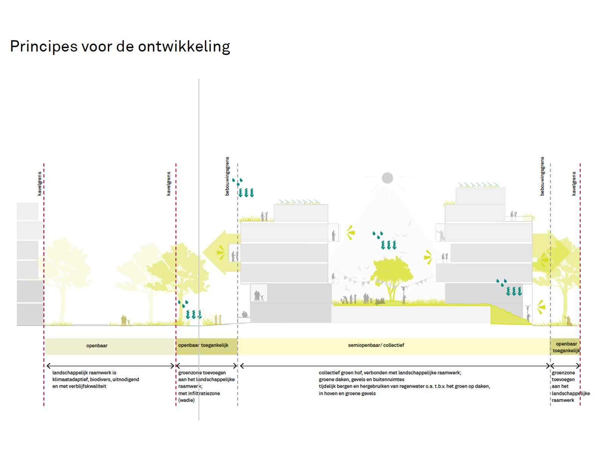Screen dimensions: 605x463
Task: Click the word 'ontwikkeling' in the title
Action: [x=184, y=46]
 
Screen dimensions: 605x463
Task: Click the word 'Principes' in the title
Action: [x=44, y=46]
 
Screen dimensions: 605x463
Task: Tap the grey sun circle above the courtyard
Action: [x=387, y=178]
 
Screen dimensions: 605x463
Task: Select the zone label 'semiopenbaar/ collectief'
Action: [x=376, y=345]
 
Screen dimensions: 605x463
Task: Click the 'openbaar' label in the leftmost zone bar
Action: [x=96, y=345]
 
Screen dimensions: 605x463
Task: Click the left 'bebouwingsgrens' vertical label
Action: [x=227, y=176]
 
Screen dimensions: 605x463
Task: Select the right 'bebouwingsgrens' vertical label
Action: [x=542, y=176]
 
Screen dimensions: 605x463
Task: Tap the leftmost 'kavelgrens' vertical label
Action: [x=40, y=184]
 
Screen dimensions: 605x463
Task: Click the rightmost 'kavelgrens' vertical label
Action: [x=574, y=184]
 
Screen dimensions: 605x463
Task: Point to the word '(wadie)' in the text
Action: [x=186, y=400]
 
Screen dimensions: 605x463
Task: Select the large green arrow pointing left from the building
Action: [x=221, y=252]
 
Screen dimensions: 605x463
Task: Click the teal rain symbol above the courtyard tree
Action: [x=385, y=240]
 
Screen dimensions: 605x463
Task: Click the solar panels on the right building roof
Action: [x=478, y=185]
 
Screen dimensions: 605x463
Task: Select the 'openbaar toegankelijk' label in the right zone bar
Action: [x=566, y=347]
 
